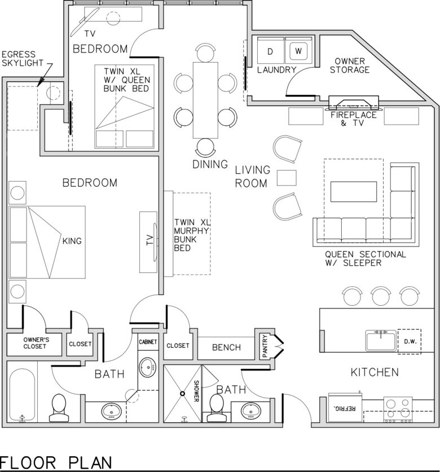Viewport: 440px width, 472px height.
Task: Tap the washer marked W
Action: tap(298, 50)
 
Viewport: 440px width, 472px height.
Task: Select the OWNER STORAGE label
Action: tap(350, 65)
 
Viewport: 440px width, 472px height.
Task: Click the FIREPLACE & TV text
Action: tap(353, 119)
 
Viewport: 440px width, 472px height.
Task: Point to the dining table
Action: tap(205, 100)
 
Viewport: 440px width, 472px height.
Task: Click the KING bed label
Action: tap(72, 241)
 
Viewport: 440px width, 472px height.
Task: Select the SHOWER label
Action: tap(196, 391)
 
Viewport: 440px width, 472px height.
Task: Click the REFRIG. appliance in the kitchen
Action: tap(345, 408)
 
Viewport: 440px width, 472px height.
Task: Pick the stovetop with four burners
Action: tap(398, 409)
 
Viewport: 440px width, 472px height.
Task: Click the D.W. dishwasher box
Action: tap(410, 341)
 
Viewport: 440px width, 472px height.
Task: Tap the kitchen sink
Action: tap(381, 341)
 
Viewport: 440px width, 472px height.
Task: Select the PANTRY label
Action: tap(265, 346)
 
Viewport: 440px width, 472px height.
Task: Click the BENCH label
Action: tap(226, 347)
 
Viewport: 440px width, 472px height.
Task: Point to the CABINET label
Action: tap(148, 342)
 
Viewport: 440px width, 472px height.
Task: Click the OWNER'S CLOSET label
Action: tap(34, 343)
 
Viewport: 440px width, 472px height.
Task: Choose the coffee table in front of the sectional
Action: tap(354, 191)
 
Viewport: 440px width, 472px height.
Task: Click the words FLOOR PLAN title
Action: tap(55, 462)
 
